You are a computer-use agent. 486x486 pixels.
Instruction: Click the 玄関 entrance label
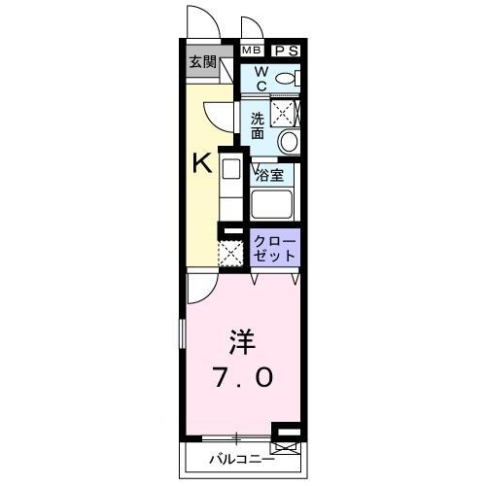(x=203, y=63)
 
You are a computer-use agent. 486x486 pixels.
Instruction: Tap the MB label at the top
(x=252, y=51)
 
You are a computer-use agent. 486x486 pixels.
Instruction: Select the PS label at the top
(x=286, y=51)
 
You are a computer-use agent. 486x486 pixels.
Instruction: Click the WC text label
(x=261, y=78)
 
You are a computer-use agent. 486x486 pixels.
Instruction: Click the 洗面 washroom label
(x=258, y=125)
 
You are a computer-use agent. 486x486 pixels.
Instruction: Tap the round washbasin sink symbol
(x=288, y=142)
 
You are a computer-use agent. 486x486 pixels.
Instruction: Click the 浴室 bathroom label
(x=269, y=175)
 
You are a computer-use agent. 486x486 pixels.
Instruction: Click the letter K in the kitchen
(x=201, y=163)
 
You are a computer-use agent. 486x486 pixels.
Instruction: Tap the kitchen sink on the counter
(x=230, y=168)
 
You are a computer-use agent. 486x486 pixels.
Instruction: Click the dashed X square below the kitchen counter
(x=230, y=255)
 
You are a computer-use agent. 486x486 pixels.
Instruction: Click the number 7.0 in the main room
(x=244, y=376)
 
